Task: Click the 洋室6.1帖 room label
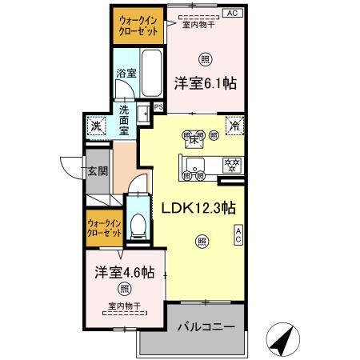click(207, 82)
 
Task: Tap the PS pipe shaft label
click(158, 106)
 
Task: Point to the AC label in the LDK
click(238, 234)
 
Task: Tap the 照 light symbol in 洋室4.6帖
click(124, 288)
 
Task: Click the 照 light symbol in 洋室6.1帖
click(206, 58)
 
